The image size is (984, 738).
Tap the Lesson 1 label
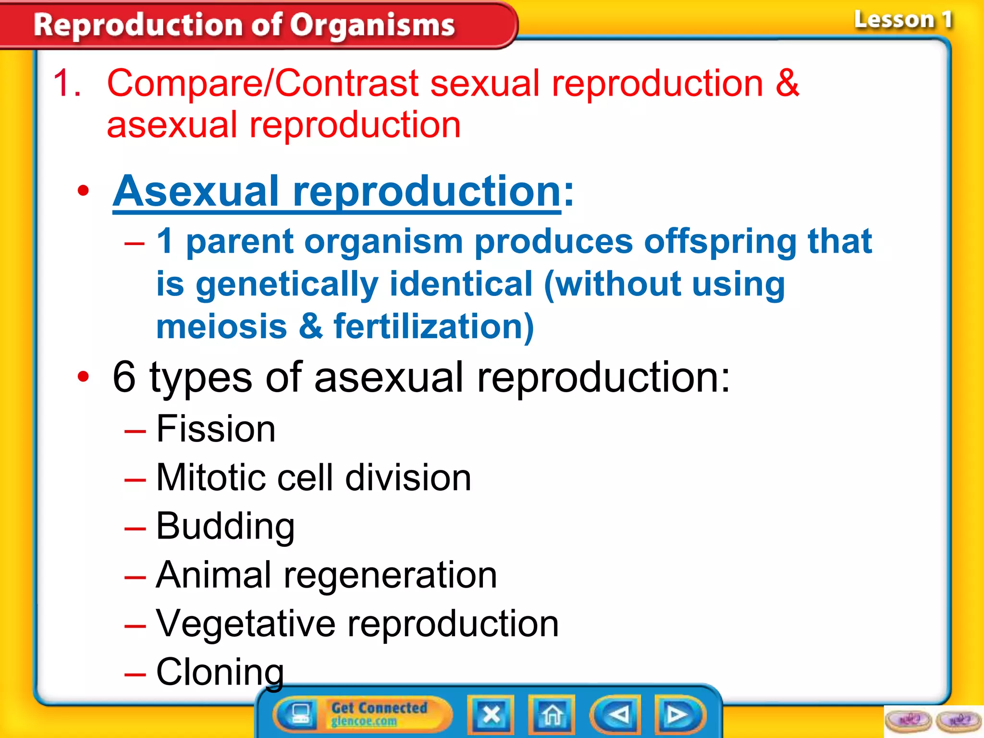point(902,20)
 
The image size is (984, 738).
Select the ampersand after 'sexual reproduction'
point(787,83)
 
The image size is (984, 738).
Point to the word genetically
point(287,284)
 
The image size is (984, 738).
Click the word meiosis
point(221,326)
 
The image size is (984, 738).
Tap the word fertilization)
point(433,326)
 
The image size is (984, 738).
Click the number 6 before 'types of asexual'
point(124,377)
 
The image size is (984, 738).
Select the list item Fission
point(216,429)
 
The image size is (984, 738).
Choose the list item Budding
point(225,526)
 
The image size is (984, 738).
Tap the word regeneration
point(390,575)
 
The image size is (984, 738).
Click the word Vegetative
point(246,624)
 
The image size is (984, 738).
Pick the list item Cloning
point(220,672)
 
